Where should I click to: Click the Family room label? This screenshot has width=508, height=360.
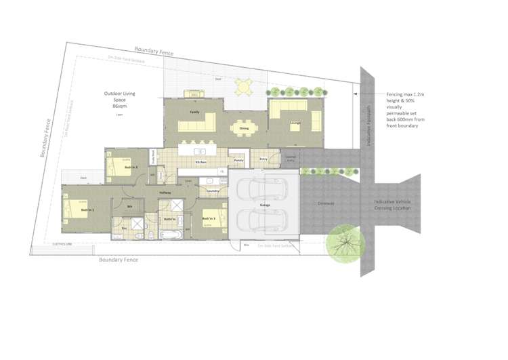194,111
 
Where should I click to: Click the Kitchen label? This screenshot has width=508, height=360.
200,163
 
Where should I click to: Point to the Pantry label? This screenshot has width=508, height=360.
238,160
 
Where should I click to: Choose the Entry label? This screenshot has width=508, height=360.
263,159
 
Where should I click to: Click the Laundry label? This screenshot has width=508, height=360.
212,191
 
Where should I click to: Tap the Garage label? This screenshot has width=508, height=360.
266,204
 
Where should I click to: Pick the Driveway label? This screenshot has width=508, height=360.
326,203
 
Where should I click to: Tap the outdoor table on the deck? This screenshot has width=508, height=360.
242,87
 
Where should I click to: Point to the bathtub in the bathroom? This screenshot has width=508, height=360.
170,234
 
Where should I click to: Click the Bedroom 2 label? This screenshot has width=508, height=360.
131,166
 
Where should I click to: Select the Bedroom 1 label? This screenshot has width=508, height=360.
87,210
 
